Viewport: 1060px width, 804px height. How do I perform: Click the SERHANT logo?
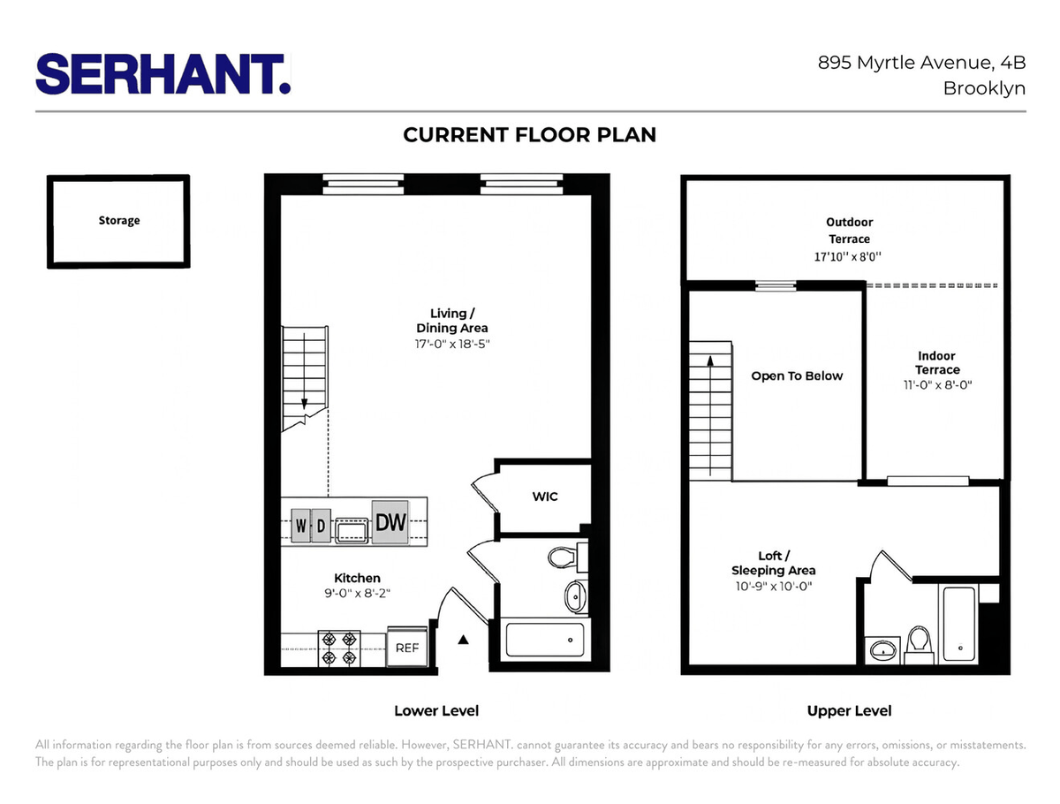click(x=163, y=74)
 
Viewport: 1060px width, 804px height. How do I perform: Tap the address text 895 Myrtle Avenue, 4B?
click(x=921, y=63)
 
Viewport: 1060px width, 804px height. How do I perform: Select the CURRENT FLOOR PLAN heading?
click(x=530, y=135)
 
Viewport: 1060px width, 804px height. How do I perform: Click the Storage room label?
click(x=119, y=221)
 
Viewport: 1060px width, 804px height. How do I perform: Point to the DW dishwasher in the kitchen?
click(x=390, y=522)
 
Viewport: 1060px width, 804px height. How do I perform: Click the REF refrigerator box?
click(x=407, y=648)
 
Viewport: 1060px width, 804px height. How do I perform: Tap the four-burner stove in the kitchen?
click(x=339, y=649)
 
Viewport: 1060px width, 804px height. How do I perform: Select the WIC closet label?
click(x=545, y=497)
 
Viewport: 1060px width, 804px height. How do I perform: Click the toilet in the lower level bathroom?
click(x=567, y=557)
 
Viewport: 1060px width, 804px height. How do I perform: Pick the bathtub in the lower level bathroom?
click(x=545, y=640)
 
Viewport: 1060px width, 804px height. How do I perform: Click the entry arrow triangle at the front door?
click(x=463, y=640)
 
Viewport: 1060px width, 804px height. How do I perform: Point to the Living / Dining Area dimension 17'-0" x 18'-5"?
click(x=452, y=344)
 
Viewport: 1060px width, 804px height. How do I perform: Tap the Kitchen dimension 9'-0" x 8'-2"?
click(x=357, y=593)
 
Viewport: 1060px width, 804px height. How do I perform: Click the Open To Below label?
click(x=797, y=375)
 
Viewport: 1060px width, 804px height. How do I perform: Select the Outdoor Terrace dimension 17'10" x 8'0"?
click(x=847, y=256)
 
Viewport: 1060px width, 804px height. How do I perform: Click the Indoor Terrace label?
click(x=937, y=362)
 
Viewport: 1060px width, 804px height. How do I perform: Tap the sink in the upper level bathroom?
click(x=882, y=650)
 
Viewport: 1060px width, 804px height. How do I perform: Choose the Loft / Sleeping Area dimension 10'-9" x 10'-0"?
click(x=774, y=587)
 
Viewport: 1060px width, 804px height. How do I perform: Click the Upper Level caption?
click(x=849, y=711)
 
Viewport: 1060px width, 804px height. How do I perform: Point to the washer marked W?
click(x=300, y=526)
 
